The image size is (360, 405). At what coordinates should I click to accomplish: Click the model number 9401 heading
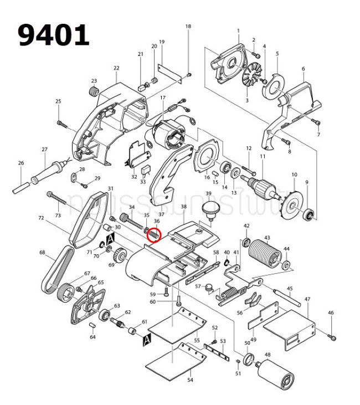click(54, 35)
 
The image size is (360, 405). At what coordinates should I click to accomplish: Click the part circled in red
click(153, 235)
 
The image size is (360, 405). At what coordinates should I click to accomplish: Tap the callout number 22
click(116, 68)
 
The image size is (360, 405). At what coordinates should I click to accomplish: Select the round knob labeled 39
click(209, 210)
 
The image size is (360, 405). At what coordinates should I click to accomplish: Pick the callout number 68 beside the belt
click(42, 253)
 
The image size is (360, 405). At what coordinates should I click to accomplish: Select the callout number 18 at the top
click(188, 27)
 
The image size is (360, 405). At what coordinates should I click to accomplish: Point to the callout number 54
click(190, 380)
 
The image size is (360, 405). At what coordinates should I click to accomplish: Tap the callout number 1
click(238, 30)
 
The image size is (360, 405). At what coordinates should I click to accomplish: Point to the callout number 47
click(307, 299)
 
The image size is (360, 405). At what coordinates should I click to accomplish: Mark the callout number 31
click(110, 188)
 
